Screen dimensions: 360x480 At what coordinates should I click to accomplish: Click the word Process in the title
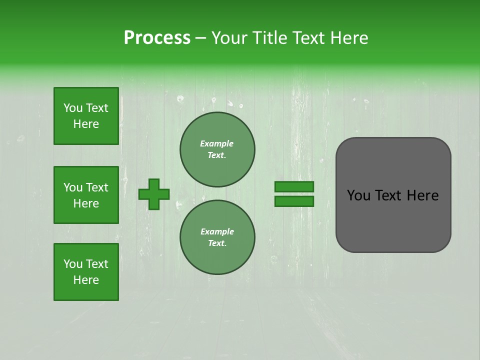(x=157, y=38)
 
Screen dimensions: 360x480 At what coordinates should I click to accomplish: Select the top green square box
(x=86, y=116)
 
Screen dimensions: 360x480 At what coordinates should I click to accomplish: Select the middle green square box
(x=86, y=195)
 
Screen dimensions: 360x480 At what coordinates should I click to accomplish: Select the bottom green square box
(x=86, y=272)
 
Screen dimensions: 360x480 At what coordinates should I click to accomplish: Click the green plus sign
(x=154, y=194)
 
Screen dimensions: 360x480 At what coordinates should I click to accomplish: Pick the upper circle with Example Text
(x=217, y=149)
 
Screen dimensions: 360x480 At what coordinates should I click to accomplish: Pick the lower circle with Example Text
(x=217, y=237)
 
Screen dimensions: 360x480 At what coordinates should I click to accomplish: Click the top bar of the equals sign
(x=294, y=186)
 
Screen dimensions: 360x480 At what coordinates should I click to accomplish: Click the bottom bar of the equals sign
(x=294, y=201)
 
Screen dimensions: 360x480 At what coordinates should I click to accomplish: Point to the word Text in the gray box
(x=388, y=195)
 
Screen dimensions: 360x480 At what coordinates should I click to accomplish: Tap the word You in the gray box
(x=358, y=195)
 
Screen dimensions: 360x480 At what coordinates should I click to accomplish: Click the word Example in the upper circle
(x=217, y=143)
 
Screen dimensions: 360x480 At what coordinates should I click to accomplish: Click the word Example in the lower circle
(x=217, y=231)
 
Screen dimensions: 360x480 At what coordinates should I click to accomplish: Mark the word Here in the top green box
(x=86, y=124)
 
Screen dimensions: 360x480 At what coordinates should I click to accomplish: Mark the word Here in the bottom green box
(x=86, y=280)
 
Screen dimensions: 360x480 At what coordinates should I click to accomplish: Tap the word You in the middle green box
(x=72, y=187)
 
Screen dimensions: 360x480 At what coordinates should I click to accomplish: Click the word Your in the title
(x=229, y=38)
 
